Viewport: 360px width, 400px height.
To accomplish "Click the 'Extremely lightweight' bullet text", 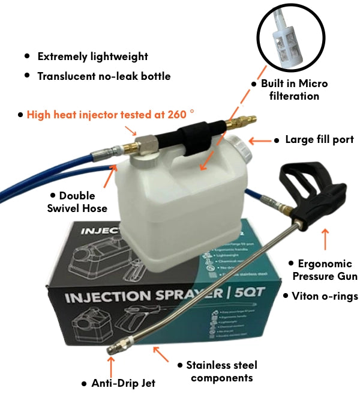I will pos(92,56).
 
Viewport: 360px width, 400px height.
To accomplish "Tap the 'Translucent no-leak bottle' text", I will pos(103,76).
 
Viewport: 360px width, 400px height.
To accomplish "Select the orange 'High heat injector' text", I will pos(111,114).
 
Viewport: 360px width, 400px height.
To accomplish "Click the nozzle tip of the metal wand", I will pos(113,349).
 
